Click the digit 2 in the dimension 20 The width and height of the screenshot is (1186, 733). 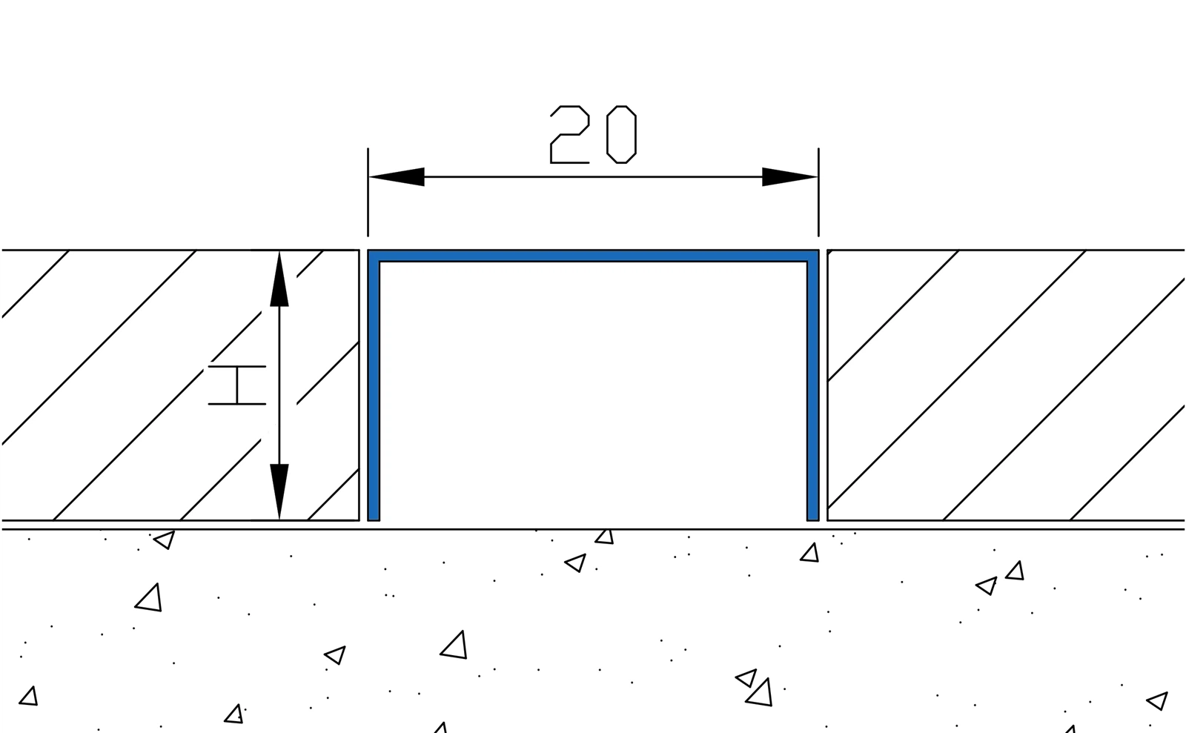pyautogui.click(x=569, y=134)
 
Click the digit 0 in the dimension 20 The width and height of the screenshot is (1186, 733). pyautogui.click(x=621, y=134)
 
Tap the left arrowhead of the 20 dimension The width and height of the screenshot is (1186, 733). pyautogui.click(x=397, y=177)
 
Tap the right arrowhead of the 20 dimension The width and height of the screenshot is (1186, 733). pyautogui.click(x=789, y=177)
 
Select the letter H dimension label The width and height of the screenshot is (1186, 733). pyautogui.click(x=236, y=385)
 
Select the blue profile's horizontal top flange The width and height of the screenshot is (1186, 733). pyautogui.click(x=593, y=256)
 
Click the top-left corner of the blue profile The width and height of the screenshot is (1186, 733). pyautogui.click(x=373, y=255)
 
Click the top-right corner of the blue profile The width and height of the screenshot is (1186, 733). pyautogui.click(x=813, y=255)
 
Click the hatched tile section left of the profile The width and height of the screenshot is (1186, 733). pyautogui.click(x=148, y=385)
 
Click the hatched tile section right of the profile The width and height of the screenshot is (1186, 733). pyautogui.click(x=1001, y=385)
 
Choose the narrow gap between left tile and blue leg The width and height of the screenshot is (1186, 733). pyautogui.click(x=363, y=385)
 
